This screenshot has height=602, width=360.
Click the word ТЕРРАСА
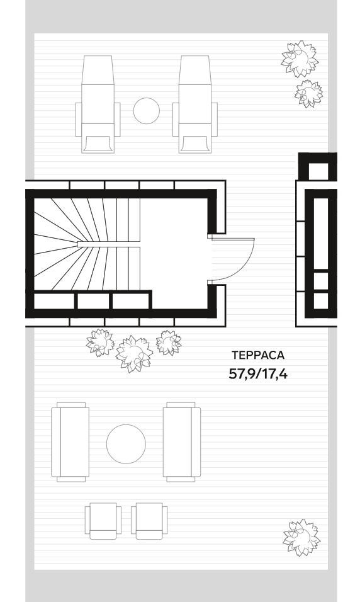tap(258, 355)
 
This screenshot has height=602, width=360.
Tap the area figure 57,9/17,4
tap(258, 373)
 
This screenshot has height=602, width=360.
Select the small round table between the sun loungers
tap(146, 111)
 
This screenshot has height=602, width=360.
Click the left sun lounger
tap(98, 105)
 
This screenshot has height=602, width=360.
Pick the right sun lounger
tap(195, 105)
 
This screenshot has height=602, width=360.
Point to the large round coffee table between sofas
tap(126, 444)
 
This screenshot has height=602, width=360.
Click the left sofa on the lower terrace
tap(70, 442)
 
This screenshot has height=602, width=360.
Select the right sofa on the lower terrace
tap(181, 442)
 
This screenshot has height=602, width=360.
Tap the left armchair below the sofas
tap(103, 521)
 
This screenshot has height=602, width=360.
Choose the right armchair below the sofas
tap(149, 521)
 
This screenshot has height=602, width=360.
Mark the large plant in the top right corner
tap(300, 59)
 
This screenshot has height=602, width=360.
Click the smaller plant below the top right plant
tap(308, 93)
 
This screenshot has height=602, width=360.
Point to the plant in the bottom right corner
tap(301, 538)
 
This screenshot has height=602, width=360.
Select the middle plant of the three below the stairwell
tap(134, 354)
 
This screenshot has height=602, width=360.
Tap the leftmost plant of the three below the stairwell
tap(100, 343)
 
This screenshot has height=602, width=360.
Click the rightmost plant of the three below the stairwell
tap(169, 343)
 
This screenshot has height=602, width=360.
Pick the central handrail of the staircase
tap(109, 244)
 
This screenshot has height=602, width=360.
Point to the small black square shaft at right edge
tap(318, 167)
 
